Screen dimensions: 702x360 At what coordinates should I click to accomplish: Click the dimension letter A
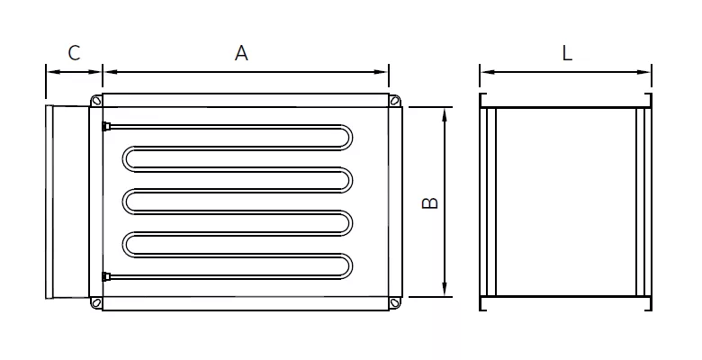tap(241, 53)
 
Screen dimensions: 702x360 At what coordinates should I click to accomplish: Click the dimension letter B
tap(430, 203)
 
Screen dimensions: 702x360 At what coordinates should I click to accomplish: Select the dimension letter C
tap(74, 53)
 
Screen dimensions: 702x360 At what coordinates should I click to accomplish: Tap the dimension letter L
tap(567, 53)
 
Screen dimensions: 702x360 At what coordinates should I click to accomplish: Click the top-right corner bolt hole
tap(394, 101)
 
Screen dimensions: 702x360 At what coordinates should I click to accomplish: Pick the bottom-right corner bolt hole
tap(394, 303)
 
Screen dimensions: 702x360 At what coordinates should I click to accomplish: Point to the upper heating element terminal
tap(107, 125)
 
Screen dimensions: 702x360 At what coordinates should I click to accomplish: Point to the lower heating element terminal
tap(107, 274)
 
